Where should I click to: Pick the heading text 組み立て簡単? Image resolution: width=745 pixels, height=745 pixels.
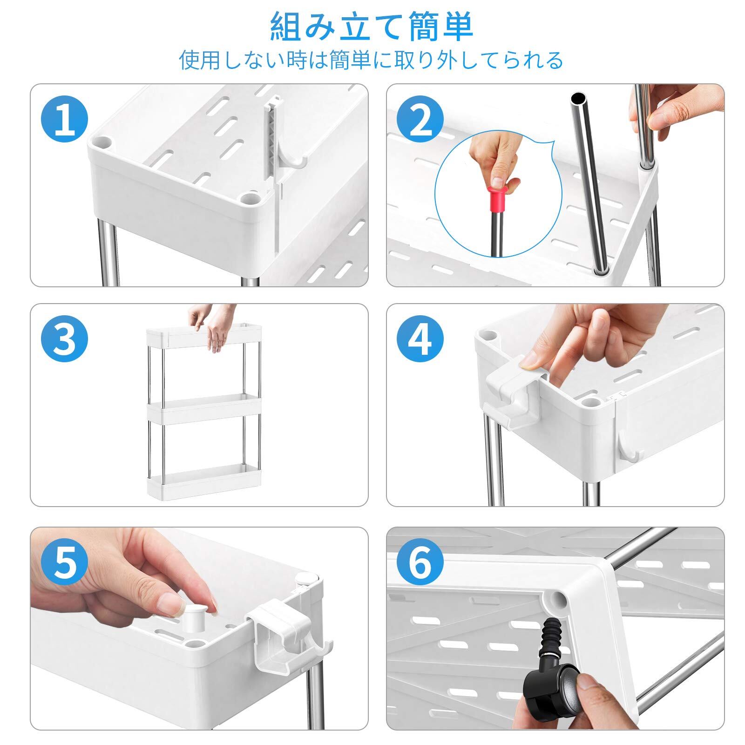(x=372, y=28)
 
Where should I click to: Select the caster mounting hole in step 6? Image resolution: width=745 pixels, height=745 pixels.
(x=557, y=601)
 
